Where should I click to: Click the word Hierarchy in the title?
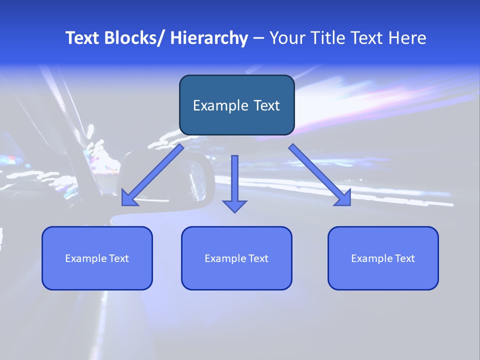[x=209, y=38]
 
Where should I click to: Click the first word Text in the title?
[x=83, y=38]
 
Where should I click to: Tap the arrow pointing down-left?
[x=152, y=175]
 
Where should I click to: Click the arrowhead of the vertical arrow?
[x=234, y=206]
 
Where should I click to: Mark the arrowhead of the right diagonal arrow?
[x=343, y=198]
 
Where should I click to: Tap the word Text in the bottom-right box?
[x=404, y=258]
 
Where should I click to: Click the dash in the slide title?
[x=258, y=38]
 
